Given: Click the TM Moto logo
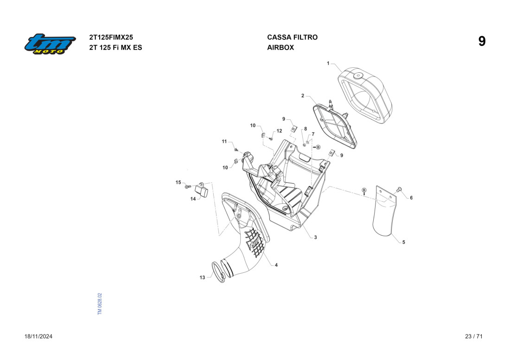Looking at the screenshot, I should pos(50,44).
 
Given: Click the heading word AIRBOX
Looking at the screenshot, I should pos(280,47).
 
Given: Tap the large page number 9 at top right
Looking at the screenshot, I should pos(482,42).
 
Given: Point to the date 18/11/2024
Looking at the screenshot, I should pos(38,336).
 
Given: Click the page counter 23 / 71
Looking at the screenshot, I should pos(474,336).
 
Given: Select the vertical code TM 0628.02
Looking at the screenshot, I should pos(100,304).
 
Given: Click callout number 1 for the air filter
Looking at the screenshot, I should pos(328,63).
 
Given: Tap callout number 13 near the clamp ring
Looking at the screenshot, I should pos(202,278).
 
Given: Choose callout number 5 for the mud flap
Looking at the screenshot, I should pos(403,242).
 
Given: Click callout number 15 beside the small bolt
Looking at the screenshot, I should pos(178,183).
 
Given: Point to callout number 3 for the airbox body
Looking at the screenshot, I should pos(315,238).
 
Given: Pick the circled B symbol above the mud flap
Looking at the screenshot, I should pos(364,190).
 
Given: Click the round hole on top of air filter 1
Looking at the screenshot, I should pos(358,76).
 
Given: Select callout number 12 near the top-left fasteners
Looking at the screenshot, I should pos(279,131).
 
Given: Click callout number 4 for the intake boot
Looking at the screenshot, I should pos(276,265).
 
